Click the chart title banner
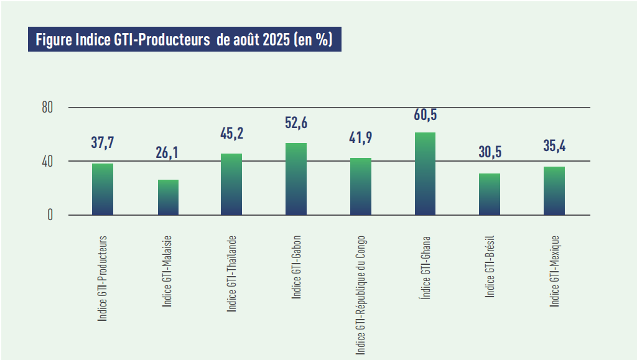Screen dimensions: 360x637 (184, 40)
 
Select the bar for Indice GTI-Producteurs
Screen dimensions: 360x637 (103, 190)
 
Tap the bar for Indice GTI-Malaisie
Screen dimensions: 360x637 (168, 198)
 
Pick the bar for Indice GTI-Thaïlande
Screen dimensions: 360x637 (231, 185)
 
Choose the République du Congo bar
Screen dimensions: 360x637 (361, 187)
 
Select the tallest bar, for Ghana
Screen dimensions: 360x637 (425, 174)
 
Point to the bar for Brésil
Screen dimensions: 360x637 (490, 195)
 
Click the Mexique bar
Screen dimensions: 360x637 (554, 191)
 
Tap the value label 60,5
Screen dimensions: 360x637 (425, 114)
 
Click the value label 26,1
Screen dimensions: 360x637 (167, 152)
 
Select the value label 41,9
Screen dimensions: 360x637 (361, 137)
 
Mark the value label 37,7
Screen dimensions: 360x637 (103, 143)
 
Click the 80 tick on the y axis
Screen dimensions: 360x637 (47, 108)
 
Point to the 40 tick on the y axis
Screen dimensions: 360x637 (47, 162)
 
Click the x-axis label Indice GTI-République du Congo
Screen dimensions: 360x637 (361, 296)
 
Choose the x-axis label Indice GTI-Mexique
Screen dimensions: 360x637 (555, 271)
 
